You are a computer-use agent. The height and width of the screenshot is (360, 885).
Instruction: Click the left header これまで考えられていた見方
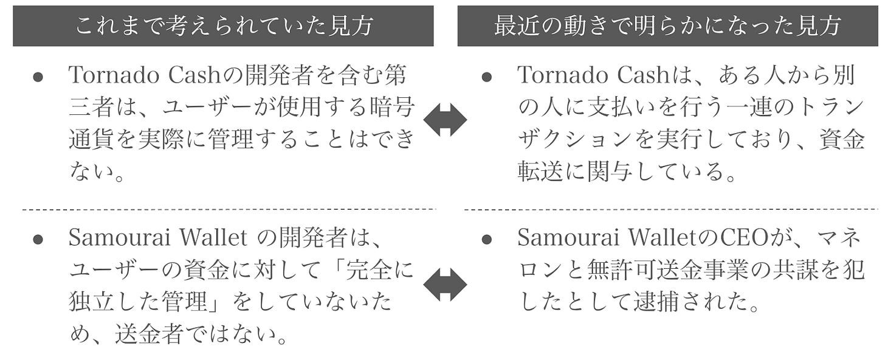[223, 26]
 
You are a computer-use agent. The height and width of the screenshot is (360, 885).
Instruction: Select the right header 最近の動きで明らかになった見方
[667, 26]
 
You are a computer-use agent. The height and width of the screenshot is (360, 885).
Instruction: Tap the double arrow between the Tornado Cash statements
[445, 120]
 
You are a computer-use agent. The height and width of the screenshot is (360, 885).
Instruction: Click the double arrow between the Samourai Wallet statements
[445, 285]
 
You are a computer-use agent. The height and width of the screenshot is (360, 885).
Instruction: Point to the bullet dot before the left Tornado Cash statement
[38, 77]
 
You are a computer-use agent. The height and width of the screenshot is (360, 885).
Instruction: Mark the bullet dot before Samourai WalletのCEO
[486, 240]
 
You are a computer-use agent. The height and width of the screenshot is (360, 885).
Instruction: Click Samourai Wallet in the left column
[158, 238]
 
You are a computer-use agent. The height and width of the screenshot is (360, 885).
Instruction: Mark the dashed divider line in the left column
[229, 209]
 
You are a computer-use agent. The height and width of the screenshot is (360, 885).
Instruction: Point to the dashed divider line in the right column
[671, 209]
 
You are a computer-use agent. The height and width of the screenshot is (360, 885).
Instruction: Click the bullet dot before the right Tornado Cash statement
[486, 77]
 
